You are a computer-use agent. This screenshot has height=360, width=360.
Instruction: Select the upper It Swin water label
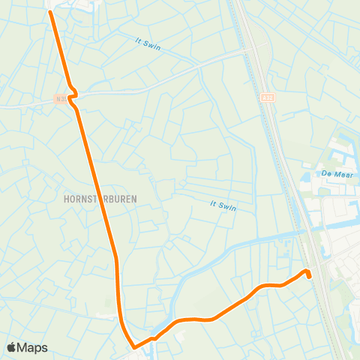point(148,44)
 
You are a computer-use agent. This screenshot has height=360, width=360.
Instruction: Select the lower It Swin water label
point(223,205)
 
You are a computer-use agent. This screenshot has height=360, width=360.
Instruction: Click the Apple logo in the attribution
point(12,347)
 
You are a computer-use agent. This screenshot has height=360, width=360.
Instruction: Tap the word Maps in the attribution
point(32,347)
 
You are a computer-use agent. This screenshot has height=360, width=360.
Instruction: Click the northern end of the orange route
point(51,12)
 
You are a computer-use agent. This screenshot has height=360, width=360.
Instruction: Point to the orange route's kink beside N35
point(72,100)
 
